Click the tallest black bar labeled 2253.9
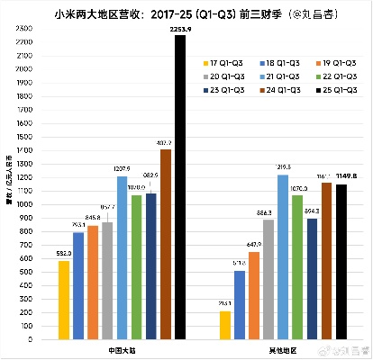tap(180, 188)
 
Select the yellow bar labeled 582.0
tap(64, 301)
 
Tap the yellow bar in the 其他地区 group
tap(224, 326)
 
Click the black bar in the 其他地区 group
tap(341, 262)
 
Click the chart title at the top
tap(186, 11)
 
